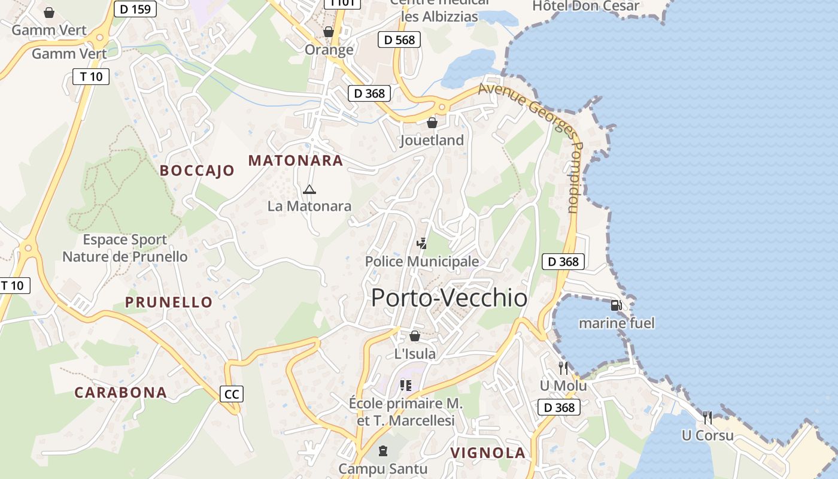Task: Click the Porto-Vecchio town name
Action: [449, 298]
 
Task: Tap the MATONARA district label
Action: [296, 160]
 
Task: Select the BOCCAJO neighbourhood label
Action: [197, 171]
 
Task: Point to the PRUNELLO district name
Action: [169, 302]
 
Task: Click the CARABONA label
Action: [120, 393]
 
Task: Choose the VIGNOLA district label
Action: [488, 453]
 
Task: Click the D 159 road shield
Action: [135, 9]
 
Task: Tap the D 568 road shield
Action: [399, 40]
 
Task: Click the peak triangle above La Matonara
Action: [309, 190]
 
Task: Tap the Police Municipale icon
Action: [422, 244]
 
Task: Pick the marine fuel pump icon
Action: [616, 305]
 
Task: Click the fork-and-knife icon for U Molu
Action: [563, 368]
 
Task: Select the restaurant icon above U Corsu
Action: [708, 417]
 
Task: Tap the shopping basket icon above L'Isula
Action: [414, 336]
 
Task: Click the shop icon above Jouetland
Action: [432, 123]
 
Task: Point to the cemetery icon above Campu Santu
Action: [383, 450]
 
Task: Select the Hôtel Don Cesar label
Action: [585, 7]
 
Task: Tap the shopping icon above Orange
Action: [329, 32]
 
